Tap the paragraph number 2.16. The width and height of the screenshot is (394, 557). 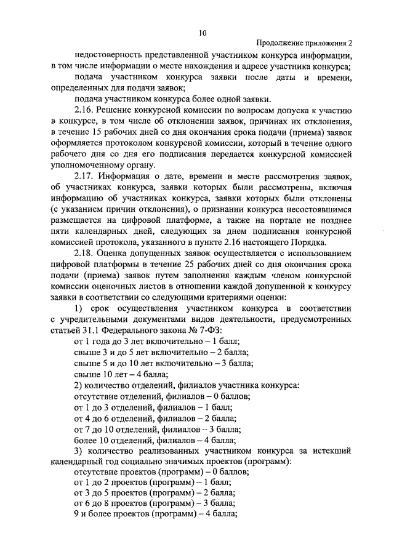pyautogui.click(x=84, y=111)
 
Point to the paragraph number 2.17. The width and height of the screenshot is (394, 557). pyautogui.click(x=84, y=178)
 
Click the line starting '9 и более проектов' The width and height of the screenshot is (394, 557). pyautogui.click(x=155, y=513)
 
